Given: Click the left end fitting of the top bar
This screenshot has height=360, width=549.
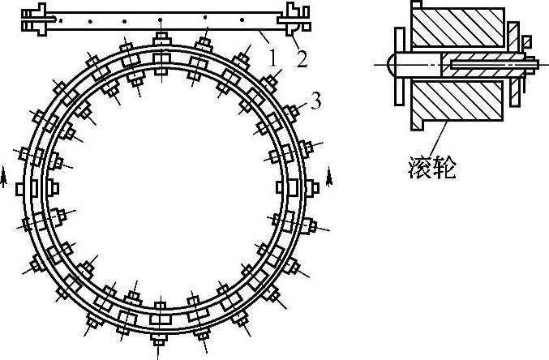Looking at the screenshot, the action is coord(36,17).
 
